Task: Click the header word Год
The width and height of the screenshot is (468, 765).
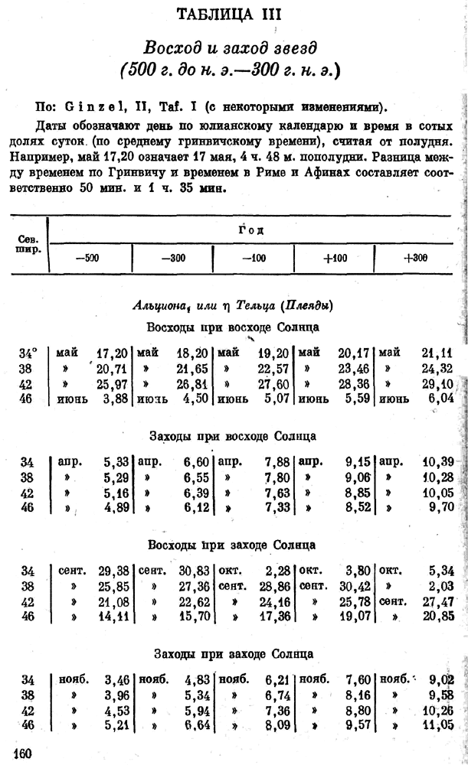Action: (x=253, y=229)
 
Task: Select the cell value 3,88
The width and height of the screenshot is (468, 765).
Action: (x=114, y=399)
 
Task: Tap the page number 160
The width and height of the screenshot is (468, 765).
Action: (x=21, y=754)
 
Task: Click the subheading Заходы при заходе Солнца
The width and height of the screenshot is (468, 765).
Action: (x=233, y=655)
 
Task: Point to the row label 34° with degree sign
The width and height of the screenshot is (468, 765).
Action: (x=28, y=353)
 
